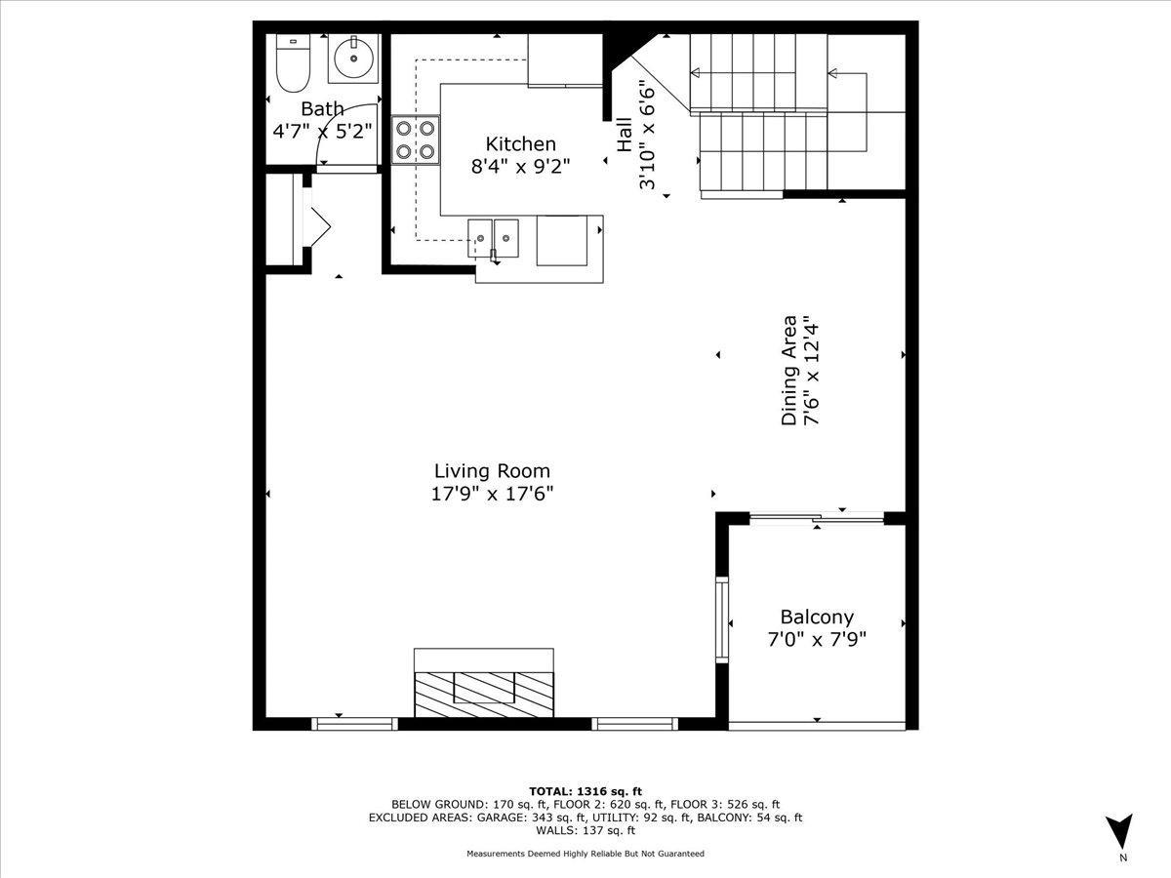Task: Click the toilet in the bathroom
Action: point(293,63)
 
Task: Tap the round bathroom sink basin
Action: point(353,59)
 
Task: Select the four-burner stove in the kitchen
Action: point(415,140)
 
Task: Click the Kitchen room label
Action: point(521,144)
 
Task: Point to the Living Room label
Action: point(492,471)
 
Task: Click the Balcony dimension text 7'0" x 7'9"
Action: point(817,639)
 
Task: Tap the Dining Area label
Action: point(789,371)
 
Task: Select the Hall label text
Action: point(625,135)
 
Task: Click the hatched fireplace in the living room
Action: point(484,694)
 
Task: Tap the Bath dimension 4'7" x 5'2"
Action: point(322,131)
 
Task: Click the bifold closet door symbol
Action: point(320,226)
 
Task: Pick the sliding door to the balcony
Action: point(817,517)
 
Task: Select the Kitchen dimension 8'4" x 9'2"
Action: point(521,167)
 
